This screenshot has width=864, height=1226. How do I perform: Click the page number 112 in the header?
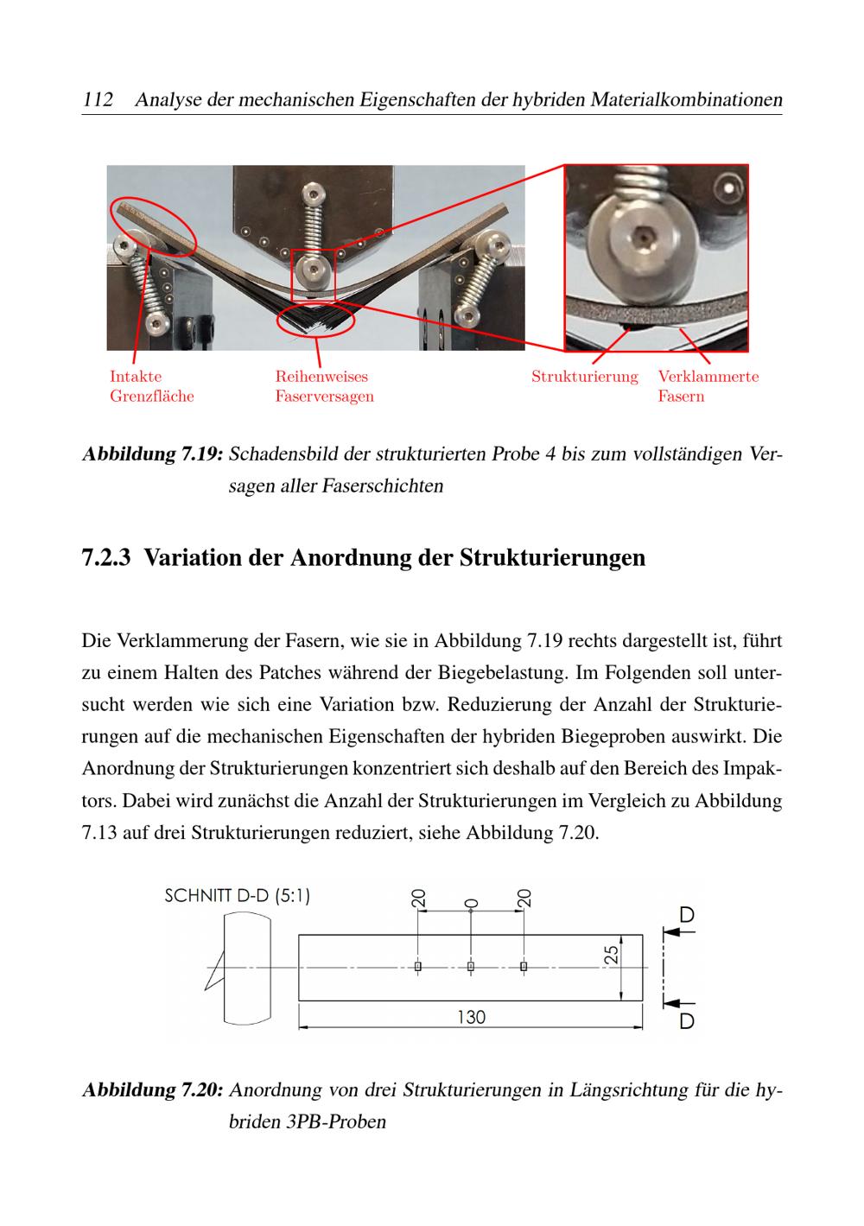click(98, 99)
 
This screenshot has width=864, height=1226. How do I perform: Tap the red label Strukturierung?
click(584, 377)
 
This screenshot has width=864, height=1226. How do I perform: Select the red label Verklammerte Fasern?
click(708, 386)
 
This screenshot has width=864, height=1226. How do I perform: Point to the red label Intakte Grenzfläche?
click(151, 386)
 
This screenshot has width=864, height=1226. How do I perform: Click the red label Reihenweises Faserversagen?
click(324, 386)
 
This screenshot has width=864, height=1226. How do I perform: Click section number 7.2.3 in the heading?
click(106, 558)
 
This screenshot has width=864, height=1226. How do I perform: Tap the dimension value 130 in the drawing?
click(471, 1017)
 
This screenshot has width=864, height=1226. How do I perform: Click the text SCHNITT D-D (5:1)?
click(237, 896)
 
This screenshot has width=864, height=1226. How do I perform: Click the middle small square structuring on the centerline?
click(471, 967)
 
